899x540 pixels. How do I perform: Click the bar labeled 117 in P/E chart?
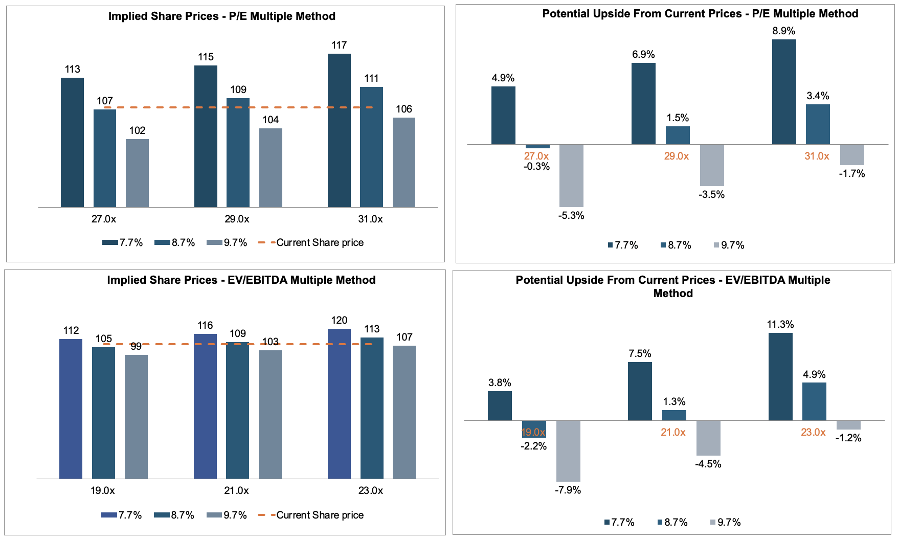[x=339, y=130]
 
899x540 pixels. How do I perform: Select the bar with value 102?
[x=137, y=173]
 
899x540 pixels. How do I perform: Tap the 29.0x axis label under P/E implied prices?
[x=237, y=219]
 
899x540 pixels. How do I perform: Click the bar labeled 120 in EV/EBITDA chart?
[x=339, y=403]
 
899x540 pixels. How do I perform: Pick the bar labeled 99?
[x=136, y=417]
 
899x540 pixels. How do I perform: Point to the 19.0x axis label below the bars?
[x=102, y=490]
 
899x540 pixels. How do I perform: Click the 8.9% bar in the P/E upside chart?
[x=784, y=92]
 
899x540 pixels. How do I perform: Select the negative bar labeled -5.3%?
[x=571, y=175]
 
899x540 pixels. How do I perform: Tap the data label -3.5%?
[x=711, y=194]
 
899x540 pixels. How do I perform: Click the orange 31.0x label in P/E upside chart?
[x=817, y=156]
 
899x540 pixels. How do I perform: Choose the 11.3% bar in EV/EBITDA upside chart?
[x=780, y=377]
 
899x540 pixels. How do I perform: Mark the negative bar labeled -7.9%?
[x=568, y=451]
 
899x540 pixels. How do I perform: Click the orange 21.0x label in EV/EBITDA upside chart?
[x=673, y=432]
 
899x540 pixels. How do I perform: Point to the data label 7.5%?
[x=640, y=353]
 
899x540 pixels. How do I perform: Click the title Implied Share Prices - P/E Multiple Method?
[x=222, y=16]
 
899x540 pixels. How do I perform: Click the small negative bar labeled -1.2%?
[x=848, y=425]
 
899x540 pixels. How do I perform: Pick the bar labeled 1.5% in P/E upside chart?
[x=678, y=135]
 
